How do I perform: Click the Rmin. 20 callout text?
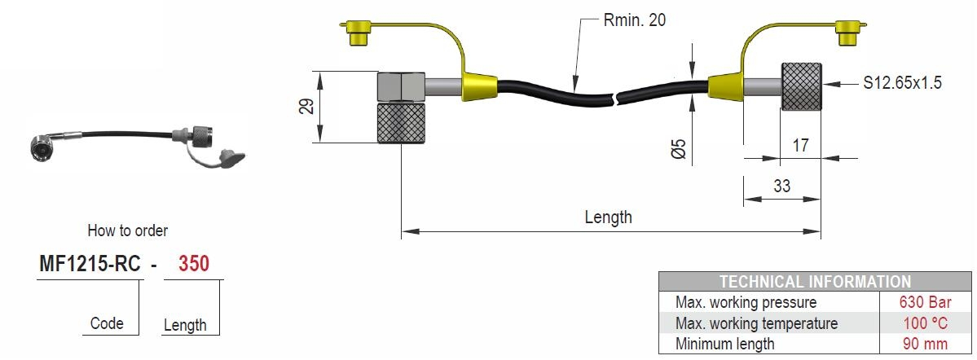634,20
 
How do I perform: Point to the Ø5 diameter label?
678,148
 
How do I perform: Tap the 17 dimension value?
800,145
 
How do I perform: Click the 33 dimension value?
781,186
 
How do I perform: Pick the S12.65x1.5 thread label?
903,83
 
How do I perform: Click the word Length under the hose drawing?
608,217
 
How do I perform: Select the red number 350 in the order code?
192,265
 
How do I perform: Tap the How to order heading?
127,231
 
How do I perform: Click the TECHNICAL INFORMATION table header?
815,282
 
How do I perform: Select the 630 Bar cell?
925,302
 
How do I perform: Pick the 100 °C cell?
925,323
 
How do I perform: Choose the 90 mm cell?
925,344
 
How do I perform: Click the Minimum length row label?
724,344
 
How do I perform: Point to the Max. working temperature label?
756,323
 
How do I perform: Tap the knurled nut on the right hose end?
803,86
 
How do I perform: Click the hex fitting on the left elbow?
401,86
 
